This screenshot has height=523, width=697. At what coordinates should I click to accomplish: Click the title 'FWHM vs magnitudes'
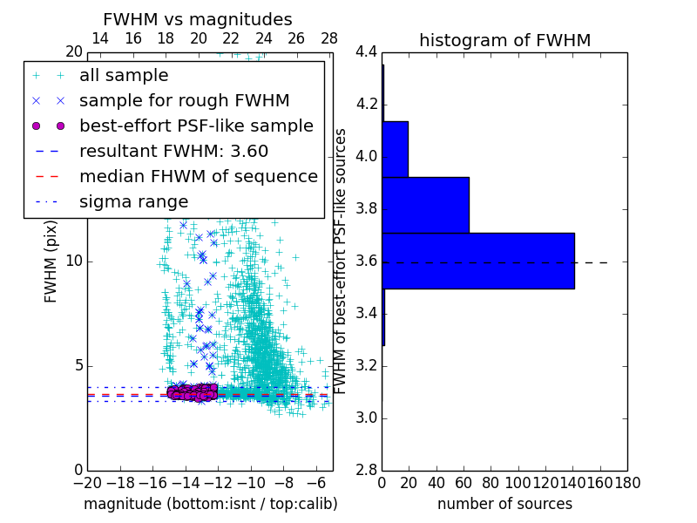point(198,19)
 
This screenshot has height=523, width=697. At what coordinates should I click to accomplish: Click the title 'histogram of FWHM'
point(504,40)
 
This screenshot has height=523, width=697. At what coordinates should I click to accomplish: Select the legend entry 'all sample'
point(124,76)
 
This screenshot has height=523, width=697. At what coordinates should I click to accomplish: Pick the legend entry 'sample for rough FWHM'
point(184,101)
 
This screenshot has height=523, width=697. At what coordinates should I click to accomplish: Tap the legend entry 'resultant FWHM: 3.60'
point(173,151)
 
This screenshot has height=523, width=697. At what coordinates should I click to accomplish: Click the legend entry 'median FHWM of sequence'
point(198,176)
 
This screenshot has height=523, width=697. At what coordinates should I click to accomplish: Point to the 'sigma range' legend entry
point(133,201)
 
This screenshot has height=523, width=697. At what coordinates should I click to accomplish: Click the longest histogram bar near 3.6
point(478,261)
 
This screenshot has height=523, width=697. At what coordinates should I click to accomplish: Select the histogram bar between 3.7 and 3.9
point(425,205)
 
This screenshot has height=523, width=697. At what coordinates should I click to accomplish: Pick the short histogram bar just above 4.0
point(395,149)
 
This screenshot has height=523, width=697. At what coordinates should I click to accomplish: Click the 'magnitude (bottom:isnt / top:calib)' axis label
point(210,504)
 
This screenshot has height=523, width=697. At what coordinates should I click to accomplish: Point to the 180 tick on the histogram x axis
point(627,481)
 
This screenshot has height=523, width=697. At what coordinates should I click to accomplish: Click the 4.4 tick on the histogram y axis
point(366,52)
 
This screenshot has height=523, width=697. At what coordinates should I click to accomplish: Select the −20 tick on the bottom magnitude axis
point(87,481)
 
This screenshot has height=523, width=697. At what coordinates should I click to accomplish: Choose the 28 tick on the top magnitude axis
point(329,38)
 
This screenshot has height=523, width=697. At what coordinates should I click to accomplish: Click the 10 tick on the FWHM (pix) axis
point(74,261)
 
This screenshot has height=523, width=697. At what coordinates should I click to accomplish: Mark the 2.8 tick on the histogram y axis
point(366,470)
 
